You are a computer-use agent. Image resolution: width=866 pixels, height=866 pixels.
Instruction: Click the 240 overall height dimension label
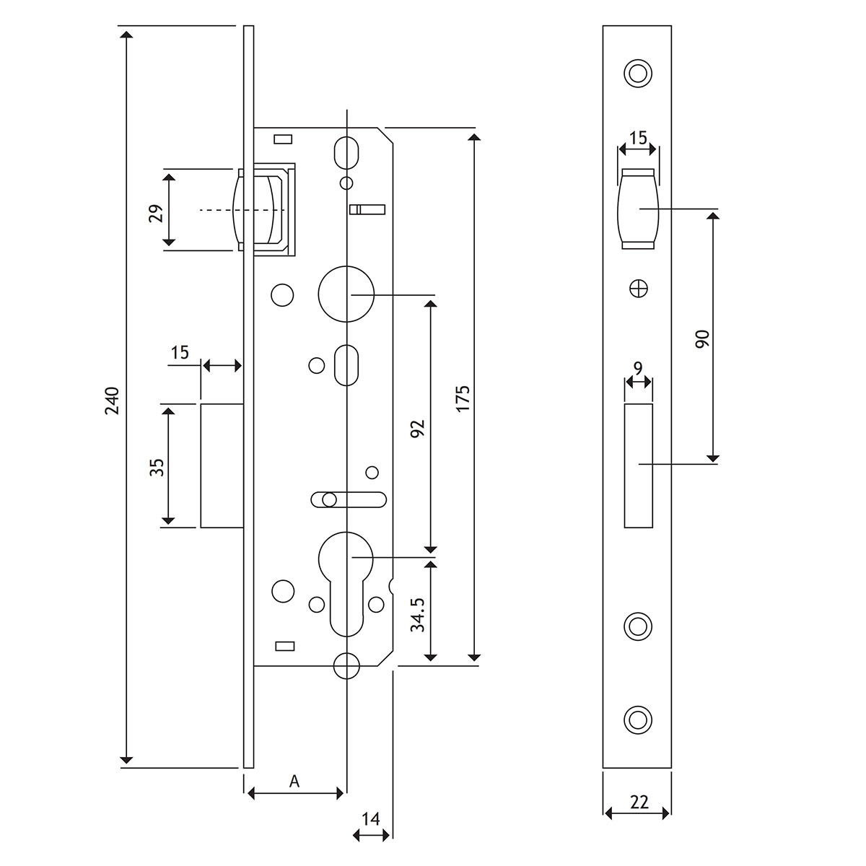111,401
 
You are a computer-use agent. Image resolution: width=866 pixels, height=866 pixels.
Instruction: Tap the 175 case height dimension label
463,398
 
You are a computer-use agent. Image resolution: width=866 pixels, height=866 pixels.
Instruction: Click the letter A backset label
294,781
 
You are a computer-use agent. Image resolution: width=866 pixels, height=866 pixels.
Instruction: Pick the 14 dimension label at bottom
371,819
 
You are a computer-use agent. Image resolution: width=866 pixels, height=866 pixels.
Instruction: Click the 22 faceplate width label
639,801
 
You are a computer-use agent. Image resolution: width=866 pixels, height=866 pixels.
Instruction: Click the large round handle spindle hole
346,294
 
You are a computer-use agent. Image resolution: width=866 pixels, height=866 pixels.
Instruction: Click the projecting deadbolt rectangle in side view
222,466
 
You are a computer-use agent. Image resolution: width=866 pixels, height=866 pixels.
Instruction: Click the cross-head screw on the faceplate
638,287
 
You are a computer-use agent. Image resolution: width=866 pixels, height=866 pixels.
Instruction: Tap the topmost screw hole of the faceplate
637,73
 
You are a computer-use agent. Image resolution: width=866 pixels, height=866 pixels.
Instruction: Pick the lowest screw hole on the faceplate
637,720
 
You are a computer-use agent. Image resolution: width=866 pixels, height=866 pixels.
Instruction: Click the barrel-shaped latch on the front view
638,209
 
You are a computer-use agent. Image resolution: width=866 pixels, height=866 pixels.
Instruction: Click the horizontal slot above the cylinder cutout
349,499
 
